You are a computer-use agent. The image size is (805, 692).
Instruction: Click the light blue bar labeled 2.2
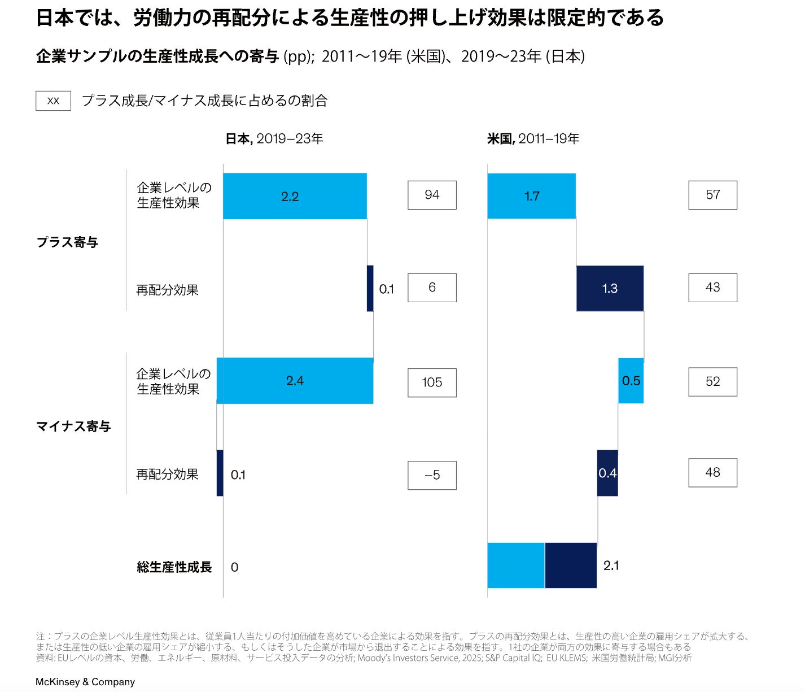(295, 196)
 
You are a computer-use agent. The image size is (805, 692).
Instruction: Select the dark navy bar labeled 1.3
(610, 288)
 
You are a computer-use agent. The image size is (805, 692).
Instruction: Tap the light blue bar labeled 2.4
(295, 381)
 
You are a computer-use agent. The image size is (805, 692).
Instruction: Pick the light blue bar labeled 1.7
(532, 196)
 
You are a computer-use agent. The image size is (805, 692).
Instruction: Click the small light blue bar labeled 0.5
(631, 381)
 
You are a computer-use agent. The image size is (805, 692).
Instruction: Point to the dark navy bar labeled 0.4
(607, 473)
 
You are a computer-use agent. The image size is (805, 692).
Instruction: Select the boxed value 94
(432, 195)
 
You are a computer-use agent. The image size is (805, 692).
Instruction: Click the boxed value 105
(432, 382)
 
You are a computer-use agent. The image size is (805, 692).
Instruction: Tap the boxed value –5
(432, 475)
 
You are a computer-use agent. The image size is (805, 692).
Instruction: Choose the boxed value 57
(712, 195)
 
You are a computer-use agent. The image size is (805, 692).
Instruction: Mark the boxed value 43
(712, 288)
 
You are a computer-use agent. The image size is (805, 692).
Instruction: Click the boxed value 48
(712, 473)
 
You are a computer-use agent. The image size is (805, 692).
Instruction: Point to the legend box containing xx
(54, 101)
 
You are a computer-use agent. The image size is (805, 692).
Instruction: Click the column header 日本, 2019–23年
(274, 139)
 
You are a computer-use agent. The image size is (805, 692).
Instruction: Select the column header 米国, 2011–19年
(533, 139)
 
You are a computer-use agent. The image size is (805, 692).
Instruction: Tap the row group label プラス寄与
(67, 242)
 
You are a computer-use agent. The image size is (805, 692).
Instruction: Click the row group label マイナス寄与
(73, 426)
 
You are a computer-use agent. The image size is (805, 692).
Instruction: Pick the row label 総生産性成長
(174, 567)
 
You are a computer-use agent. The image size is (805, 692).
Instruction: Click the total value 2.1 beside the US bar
(611, 566)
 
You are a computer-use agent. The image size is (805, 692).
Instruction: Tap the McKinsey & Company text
(85, 682)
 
